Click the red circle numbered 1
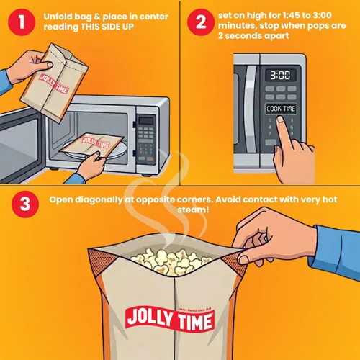[22, 22]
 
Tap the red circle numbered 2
[201, 22]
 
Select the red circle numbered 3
[25, 204]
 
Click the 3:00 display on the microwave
[280, 75]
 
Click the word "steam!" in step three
[193, 210]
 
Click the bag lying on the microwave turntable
[92, 144]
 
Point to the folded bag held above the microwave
[54, 81]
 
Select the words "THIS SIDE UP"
[107, 27]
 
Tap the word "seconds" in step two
[243, 36]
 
